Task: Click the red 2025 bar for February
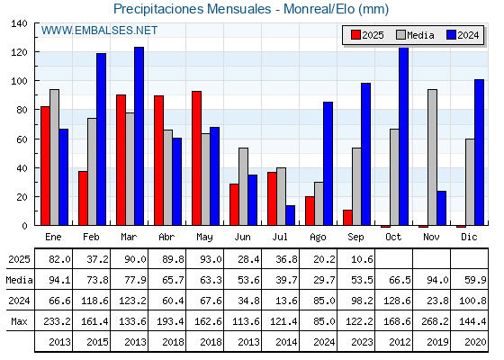point(83,198)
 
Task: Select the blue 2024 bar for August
point(328,164)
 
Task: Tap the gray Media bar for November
point(432,157)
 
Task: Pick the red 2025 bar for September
point(347,218)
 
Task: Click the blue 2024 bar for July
point(290,215)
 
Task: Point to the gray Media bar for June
point(243,186)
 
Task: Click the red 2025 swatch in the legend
point(355,35)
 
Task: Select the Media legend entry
point(415,35)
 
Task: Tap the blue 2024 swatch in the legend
point(451,35)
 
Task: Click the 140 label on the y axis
point(19,23)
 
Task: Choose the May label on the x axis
point(204,238)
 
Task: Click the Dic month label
point(469,237)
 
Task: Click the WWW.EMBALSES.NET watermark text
point(99,31)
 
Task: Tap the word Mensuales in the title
point(238,9)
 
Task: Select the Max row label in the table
point(19,321)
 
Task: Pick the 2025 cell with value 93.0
point(211,259)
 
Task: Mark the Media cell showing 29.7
point(324,280)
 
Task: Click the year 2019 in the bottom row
point(437,342)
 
